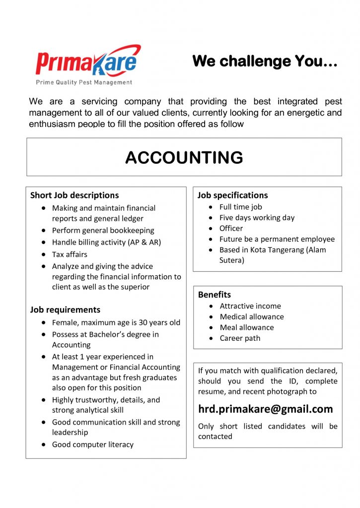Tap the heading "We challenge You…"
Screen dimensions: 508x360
click(x=265, y=61)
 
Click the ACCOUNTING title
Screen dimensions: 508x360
click(x=184, y=157)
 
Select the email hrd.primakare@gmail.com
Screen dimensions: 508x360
click(x=266, y=409)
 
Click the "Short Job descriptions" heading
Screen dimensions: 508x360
click(x=74, y=195)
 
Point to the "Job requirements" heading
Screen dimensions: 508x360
click(x=65, y=310)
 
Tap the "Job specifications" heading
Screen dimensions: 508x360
click(x=232, y=195)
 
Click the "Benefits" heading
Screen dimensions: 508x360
click(x=215, y=295)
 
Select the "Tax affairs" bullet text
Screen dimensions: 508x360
click(x=70, y=254)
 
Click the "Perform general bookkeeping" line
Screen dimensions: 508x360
click(x=103, y=230)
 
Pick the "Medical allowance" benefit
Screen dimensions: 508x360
click(x=252, y=317)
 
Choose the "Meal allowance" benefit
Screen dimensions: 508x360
click(x=247, y=327)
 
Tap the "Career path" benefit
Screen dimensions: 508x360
click(x=240, y=338)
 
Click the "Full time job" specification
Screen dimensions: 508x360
click(x=241, y=207)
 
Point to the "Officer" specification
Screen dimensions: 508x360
click(x=231, y=228)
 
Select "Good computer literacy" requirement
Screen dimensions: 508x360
click(x=93, y=444)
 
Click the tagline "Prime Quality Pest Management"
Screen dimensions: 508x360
click(x=84, y=82)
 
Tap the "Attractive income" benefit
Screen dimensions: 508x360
click(x=250, y=306)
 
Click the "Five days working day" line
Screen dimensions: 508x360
click(x=257, y=217)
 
